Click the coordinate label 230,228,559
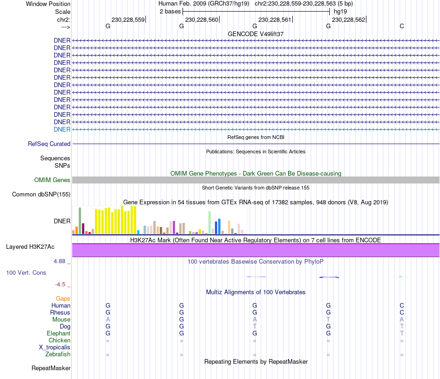click(x=128, y=19)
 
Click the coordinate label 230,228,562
click(x=348, y=19)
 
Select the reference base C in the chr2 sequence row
click(x=402, y=26)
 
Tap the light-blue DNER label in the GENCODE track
click(x=62, y=129)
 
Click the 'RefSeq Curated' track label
click(x=49, y=144)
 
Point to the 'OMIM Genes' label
click(x=52, y=180)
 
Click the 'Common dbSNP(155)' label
click(x=41, y=195)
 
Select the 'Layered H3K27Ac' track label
click(x=30, y=246)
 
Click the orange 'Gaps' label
click(x=63, y=299)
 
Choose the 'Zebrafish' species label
click(x=58, y=354)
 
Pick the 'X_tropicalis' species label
click(x=55, y=347)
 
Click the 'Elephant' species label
click(x=58, y=334)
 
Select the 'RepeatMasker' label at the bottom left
click(x=51, y=368)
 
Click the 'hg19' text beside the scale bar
click(x=340, y=11)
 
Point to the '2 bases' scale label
click(x=170, y=11)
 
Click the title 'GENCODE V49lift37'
click(x=255, y=34)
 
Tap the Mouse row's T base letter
click(x=328, y=320)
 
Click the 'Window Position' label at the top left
click(x=48, y=4)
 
